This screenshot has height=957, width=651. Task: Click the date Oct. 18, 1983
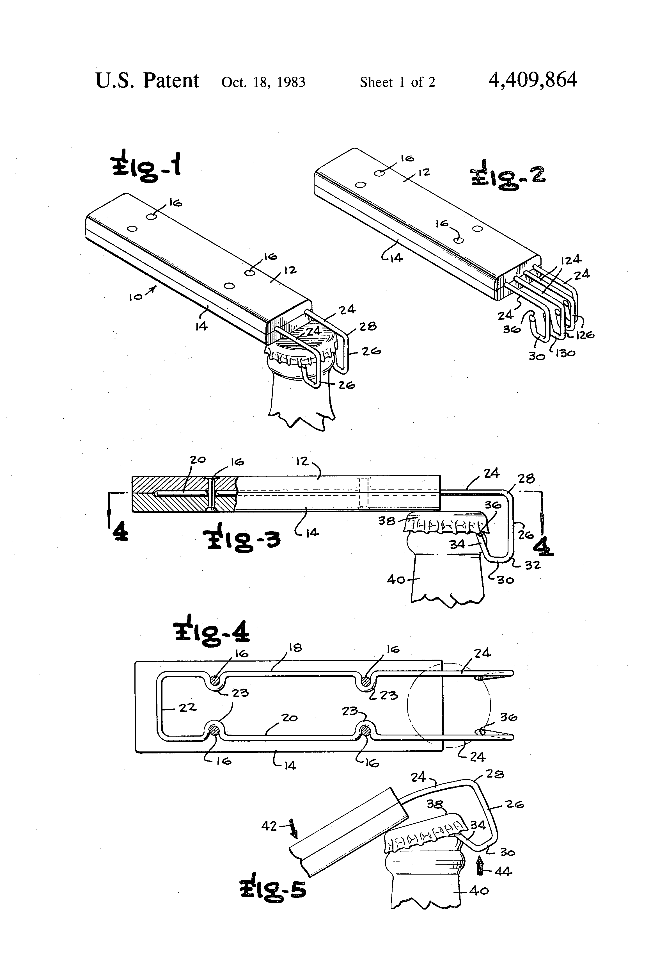263,82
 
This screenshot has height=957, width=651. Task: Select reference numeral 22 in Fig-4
187,707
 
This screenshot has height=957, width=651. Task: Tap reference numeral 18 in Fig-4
295,648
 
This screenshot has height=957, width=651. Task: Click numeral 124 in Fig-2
570,260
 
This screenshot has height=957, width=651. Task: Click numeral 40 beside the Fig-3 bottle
396,580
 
